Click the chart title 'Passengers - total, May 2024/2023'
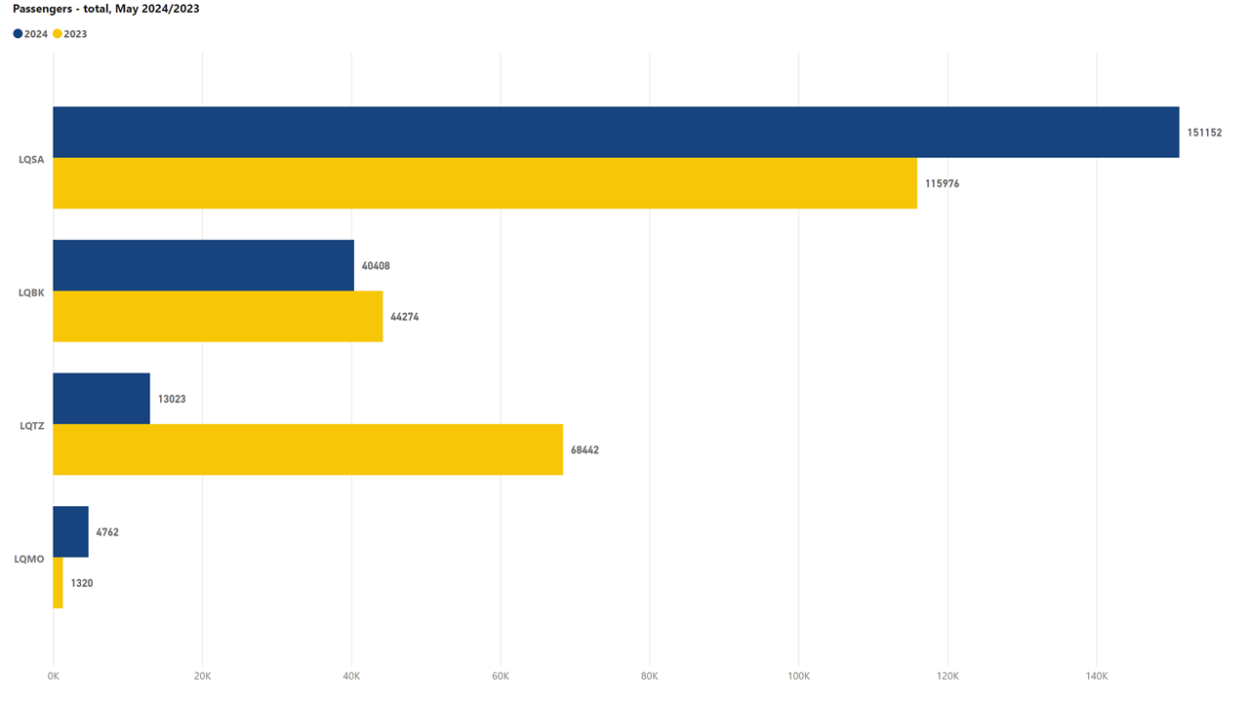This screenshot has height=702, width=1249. tap(106, 9)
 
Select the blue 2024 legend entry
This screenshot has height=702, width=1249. tap(30, 34)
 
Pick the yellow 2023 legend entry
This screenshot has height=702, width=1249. tap(69, 34)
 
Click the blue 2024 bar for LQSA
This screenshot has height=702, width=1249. tap(615, 132)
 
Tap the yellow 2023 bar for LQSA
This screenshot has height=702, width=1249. tap(484, 183)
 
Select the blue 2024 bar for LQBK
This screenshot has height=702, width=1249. tap(203, 265)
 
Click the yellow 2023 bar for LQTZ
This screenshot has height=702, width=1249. tap(307, 449)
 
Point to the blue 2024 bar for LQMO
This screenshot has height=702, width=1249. tap(70, 531)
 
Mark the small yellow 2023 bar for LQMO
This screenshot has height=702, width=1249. tap(58, 583)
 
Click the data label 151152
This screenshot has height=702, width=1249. tap(1204, 133)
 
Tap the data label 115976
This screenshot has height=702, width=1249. tap(942, 183)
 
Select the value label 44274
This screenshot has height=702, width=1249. tap(404, 317)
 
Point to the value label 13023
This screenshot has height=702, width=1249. tap(172, 399)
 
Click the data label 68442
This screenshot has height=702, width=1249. tap(584, 450)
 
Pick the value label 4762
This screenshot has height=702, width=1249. tap(107, 532)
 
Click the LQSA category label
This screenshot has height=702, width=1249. tap(31, 159)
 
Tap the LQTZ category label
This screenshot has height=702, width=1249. tap(31, 425)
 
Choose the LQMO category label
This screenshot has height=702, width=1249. tap(29, 559)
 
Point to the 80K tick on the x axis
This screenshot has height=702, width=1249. tap(649, 676)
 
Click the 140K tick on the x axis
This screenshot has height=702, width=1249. tap(1096, 676)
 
